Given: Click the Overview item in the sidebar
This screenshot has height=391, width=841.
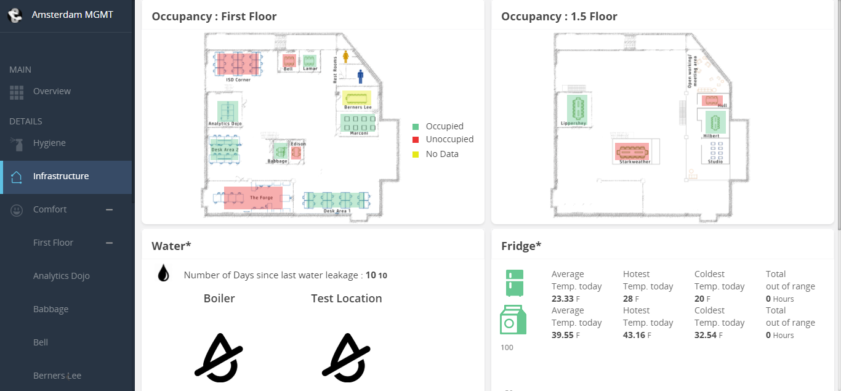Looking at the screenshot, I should click(x=52, y=91).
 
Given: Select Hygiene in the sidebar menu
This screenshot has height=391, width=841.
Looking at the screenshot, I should click(x=49, y=143).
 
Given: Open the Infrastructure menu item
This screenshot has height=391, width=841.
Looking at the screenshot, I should click(x=60, y=176).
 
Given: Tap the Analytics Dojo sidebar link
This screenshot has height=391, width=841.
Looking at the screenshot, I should click(x=61, y=276).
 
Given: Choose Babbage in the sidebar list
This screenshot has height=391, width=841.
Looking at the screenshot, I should click(x=50, y=309).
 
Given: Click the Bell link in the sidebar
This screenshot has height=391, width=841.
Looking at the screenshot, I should click(x=41, y=342).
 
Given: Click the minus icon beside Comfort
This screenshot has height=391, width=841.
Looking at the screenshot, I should click(x=109, y=209).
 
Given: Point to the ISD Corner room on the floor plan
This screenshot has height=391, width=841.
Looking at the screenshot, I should click(x=238, y=64).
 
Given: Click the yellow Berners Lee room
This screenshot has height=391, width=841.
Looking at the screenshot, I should click(x=357, y=98).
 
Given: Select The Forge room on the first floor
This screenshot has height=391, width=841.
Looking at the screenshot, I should click(x=253, y=198).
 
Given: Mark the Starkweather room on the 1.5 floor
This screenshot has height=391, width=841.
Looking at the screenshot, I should click(x=632, y=151).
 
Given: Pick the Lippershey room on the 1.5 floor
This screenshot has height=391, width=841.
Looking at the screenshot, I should click(x=577, y=109).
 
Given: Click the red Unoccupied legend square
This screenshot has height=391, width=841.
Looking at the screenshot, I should click(x=416, y=140).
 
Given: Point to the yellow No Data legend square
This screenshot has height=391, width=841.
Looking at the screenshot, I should click(x=416, y=155).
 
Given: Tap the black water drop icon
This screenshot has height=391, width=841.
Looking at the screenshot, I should click(x=163, y=273).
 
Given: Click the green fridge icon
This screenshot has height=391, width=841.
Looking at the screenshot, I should click(x=514, y=283).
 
